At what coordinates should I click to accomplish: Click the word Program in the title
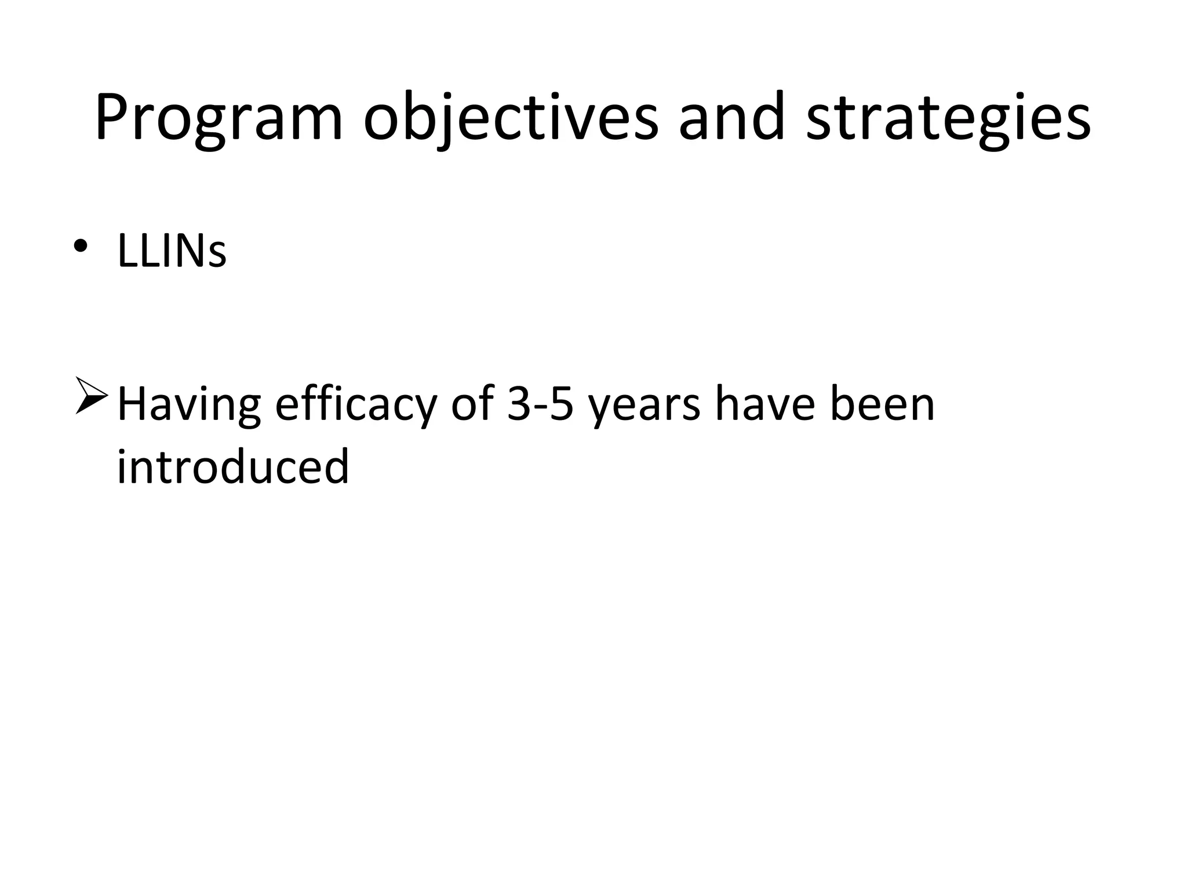coord(219,119)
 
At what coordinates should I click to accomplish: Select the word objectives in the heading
coord(511,119)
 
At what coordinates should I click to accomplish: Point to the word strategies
coord(948,119)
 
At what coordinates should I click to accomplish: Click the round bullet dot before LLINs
coord(81,245)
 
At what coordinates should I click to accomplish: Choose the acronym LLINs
coord(172,251)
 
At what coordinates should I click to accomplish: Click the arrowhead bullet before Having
coord(91,395)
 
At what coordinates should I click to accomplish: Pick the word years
coord(643,406)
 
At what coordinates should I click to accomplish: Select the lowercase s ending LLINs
coord(217,255)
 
